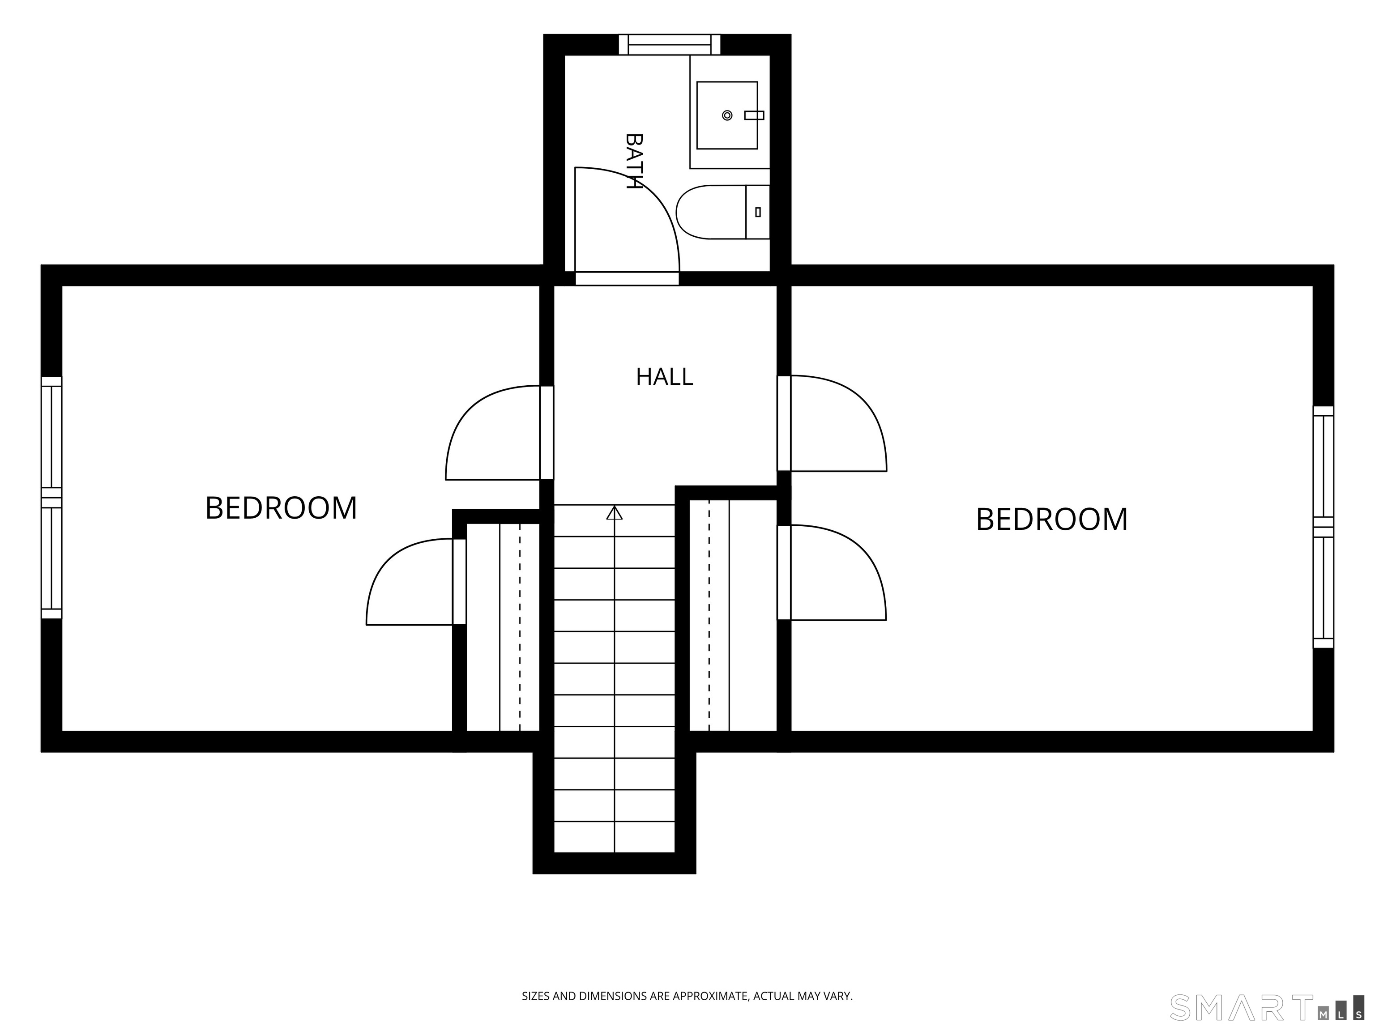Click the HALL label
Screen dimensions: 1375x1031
[x=664, y=377]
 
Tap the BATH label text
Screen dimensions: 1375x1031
[x=633, y=161]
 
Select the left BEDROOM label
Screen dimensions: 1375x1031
[x=281, y=508]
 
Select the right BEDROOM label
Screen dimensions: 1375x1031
[x=1052, y=519]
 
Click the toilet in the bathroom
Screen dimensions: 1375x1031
[x=723, y=212]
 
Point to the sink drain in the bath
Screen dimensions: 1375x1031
[x=726, y=115]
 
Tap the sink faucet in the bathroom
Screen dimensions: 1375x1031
[x=754, y=115]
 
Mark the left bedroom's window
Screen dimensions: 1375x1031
[x=51, y=497]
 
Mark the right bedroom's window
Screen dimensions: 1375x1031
[x=1324, y=527]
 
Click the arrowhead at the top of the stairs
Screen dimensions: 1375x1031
[x=614, y=513]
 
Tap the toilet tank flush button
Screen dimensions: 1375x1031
[x=758, y=212]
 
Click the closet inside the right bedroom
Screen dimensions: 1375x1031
[x=734, y=615]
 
